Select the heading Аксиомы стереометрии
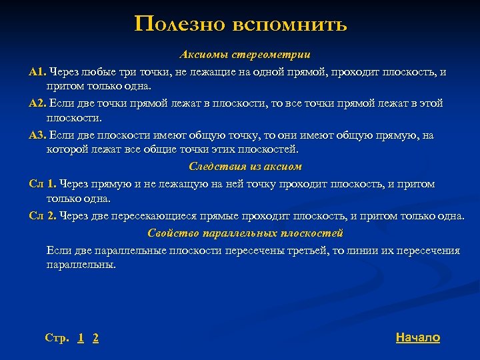tap(245, 54)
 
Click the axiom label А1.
tap(37, 71)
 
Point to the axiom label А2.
tap(38, 103)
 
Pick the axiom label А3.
tap(38, 135)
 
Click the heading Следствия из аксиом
tap(245, 166)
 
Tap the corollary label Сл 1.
tap(43, 183)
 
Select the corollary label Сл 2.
tap(43, 216)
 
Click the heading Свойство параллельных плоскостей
tap(245, 233)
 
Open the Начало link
tap(417, 337)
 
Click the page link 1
tap(81, 338)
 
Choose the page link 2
tap(96, 338)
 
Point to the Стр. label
tap(57, 338)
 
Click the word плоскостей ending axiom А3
tap(269, 149)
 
